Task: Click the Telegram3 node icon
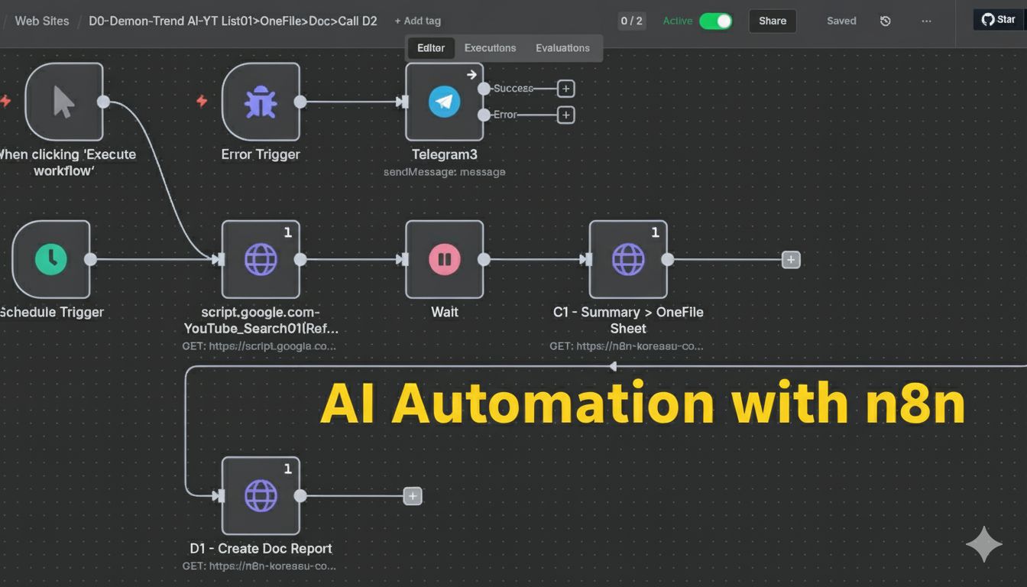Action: click(444, 102)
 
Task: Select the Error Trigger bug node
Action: click(261, 102)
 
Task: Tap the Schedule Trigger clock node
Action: click(51, 259)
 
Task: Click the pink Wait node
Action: click(444, 259)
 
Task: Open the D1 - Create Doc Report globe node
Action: click(261, 496)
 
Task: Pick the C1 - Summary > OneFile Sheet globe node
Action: click(628, 259)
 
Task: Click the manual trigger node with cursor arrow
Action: click(64, 102)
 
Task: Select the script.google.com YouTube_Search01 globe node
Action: click(261, 259)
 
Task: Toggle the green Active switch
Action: click(715, 21)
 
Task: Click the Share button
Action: click(772, 21)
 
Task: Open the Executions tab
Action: click(490, 47)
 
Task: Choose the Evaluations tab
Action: click(562, 47)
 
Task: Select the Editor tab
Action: click(431, 47)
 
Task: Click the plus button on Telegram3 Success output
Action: click(565, 89)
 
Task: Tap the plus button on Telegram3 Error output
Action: click(565, 115)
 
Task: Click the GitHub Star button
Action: click(999, 20)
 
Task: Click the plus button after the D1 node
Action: click(413, 496)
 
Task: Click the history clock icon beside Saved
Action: click(885, 21)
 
